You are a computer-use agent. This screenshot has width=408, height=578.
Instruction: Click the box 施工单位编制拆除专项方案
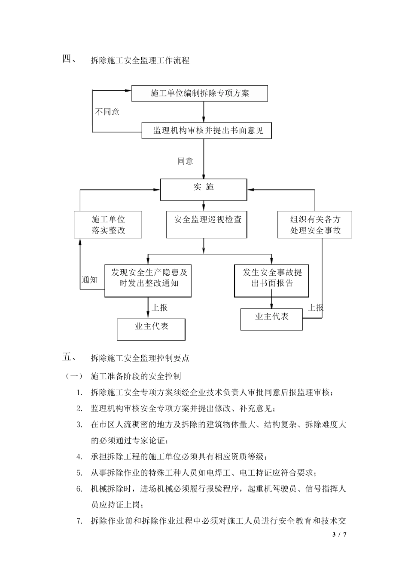click(199, 93)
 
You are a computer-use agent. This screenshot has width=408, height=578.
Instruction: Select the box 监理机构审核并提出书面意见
click(208, 130)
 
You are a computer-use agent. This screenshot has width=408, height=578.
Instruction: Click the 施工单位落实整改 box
click(108, 224)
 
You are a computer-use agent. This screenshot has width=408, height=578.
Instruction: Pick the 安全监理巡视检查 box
click(207, 224)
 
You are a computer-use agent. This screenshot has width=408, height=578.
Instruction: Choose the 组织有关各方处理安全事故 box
click(315, 224)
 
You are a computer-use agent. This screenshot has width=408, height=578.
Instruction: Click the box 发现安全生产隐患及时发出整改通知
click(148, 280)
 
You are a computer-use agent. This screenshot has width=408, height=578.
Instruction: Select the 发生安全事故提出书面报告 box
click(271, 280)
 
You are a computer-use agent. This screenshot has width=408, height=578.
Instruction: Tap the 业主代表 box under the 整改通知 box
click(151, 329)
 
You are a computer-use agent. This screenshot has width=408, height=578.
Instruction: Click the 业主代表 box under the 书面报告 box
click(271, 319)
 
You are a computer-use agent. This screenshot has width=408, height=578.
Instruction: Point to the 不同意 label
click(107, 112)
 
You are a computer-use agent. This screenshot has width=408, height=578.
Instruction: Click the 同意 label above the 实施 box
click(185, 161)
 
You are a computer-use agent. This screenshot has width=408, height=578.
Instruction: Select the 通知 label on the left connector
click(90, 280)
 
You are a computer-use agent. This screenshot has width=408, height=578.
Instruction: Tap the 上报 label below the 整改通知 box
click(159, 307)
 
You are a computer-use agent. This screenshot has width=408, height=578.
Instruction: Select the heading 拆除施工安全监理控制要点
click(140, 358)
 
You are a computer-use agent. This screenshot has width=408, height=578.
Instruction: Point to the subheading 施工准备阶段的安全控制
click(136, 376)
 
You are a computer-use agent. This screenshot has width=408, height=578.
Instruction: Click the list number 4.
click(79, 457)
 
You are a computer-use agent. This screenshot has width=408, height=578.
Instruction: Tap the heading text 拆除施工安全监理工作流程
click(140, 61)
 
